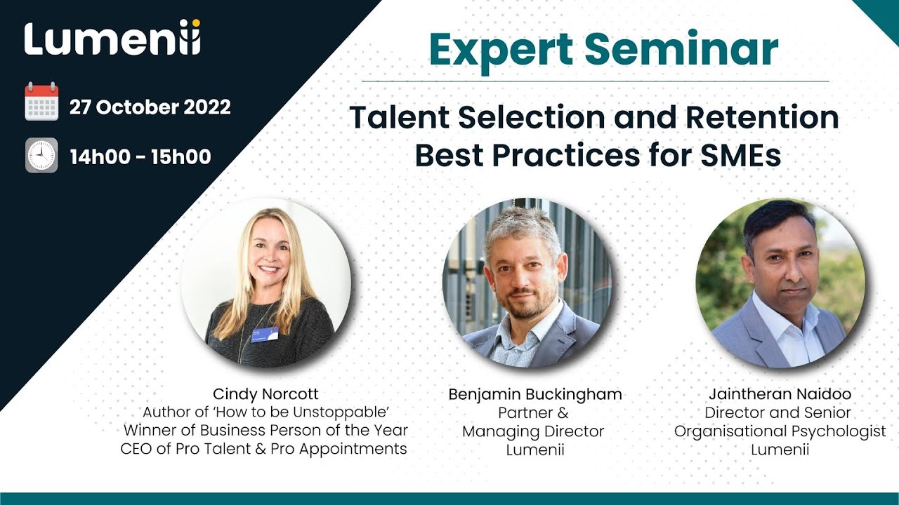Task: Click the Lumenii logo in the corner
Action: [112, 40]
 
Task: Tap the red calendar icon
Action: [41, 102]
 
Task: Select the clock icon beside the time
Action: [41, 155]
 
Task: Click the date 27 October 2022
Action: [150, 107]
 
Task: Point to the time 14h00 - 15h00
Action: [140, 156]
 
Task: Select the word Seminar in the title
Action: [681, 50]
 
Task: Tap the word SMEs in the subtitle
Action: [739, 155]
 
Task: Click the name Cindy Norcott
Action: [265, 394]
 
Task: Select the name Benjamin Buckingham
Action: [535, 394]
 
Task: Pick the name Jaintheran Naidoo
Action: [780, 394]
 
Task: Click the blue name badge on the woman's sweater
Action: [265, 335]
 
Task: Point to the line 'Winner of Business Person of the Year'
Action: [265, 430]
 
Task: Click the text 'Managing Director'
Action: [533, 431]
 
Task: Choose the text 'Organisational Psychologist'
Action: [780, 431]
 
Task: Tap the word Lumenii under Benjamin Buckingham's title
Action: [535, 450]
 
